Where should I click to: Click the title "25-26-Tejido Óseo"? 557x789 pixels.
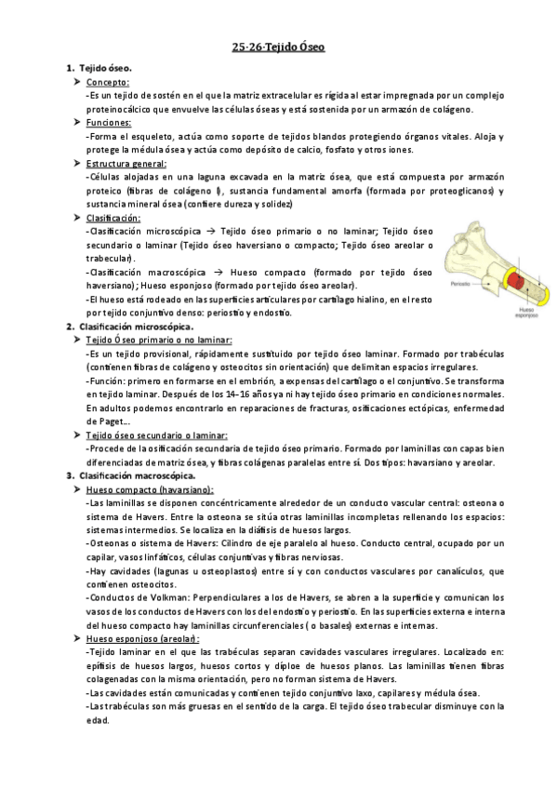[278, 47]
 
